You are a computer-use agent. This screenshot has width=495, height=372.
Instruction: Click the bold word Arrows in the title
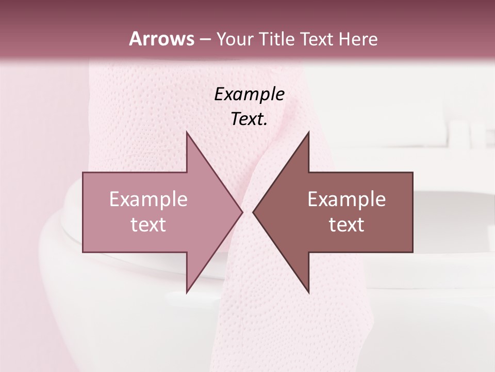pos(161,39)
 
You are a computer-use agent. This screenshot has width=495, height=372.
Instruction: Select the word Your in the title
pos(234,39)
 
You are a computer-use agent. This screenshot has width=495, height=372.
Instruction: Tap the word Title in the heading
pos(276,39)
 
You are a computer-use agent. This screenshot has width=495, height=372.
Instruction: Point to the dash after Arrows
pos(205,40)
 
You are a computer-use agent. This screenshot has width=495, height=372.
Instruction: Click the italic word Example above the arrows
pos(249,95)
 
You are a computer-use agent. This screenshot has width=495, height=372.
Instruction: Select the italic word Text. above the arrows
pos(249,119)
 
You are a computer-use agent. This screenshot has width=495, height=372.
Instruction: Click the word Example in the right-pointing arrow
pos(148,199)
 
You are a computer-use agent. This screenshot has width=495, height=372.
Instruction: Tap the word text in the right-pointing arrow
pos(148,225)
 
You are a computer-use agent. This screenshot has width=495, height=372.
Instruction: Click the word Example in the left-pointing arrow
pos(346,199)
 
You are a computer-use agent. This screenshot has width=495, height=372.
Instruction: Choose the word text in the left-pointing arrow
pos(346,225)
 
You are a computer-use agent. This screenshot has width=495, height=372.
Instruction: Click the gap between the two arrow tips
pos(247,212)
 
